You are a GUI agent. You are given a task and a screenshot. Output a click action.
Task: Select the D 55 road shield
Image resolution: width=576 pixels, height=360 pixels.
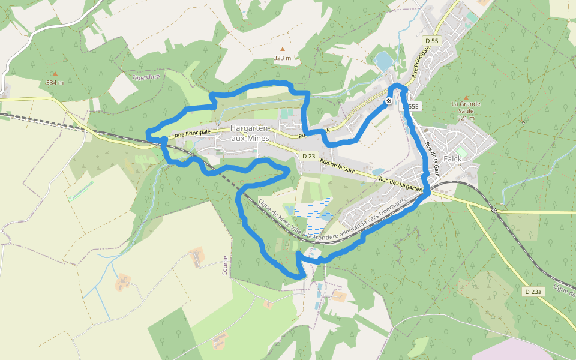tap(431, 41)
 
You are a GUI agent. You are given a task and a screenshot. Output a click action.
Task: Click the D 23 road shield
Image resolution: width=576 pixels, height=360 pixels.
tap(308, 156)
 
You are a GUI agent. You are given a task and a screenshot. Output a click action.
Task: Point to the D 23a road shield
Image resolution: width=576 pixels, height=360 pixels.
tap(533, 292)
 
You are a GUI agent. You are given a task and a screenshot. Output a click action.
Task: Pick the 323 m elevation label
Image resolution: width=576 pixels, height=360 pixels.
tap(282, 58)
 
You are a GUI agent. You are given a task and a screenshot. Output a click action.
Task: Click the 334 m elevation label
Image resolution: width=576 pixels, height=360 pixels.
tap(55, 83)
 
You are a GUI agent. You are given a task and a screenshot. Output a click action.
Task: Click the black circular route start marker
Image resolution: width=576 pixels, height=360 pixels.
tap(389, 101)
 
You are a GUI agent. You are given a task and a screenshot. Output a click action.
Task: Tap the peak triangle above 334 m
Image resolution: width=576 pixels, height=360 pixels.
tap(55, 74)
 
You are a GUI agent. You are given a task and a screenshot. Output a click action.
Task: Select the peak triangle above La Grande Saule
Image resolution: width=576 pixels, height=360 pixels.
tap(465, 96)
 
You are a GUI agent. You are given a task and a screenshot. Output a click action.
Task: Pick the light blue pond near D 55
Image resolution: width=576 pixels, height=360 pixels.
tap(382, 61)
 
